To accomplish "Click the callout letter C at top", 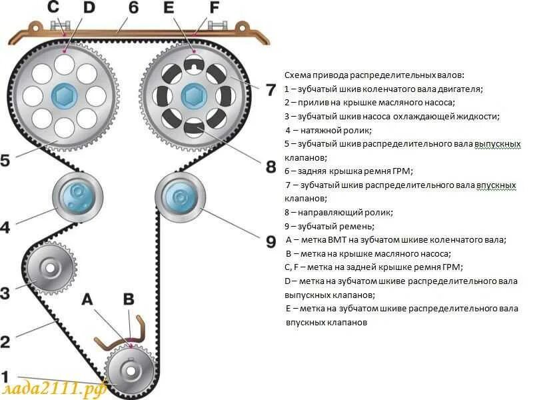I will [x=53, y=9].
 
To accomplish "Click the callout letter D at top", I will [x=89, y=9].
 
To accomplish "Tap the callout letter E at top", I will [x=169, y=9].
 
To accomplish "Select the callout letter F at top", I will [x=214, y=9].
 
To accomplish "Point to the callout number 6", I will [x=133, y=9].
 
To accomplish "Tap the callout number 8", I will [x=270, y=166].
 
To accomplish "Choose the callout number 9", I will [x=270, y=241].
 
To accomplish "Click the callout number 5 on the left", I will [x=5, y=161].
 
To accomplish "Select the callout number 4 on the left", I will [x=5, y=227].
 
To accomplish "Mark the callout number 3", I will [x=5, y=292].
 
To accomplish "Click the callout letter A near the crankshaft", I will [x=87, y=299].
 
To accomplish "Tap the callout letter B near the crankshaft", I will [x=129, y=299].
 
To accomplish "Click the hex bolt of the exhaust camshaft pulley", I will [x=63, y=95].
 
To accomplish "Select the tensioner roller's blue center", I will [x=77, y=197].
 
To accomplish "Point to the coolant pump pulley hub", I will [x=51, y=269].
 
